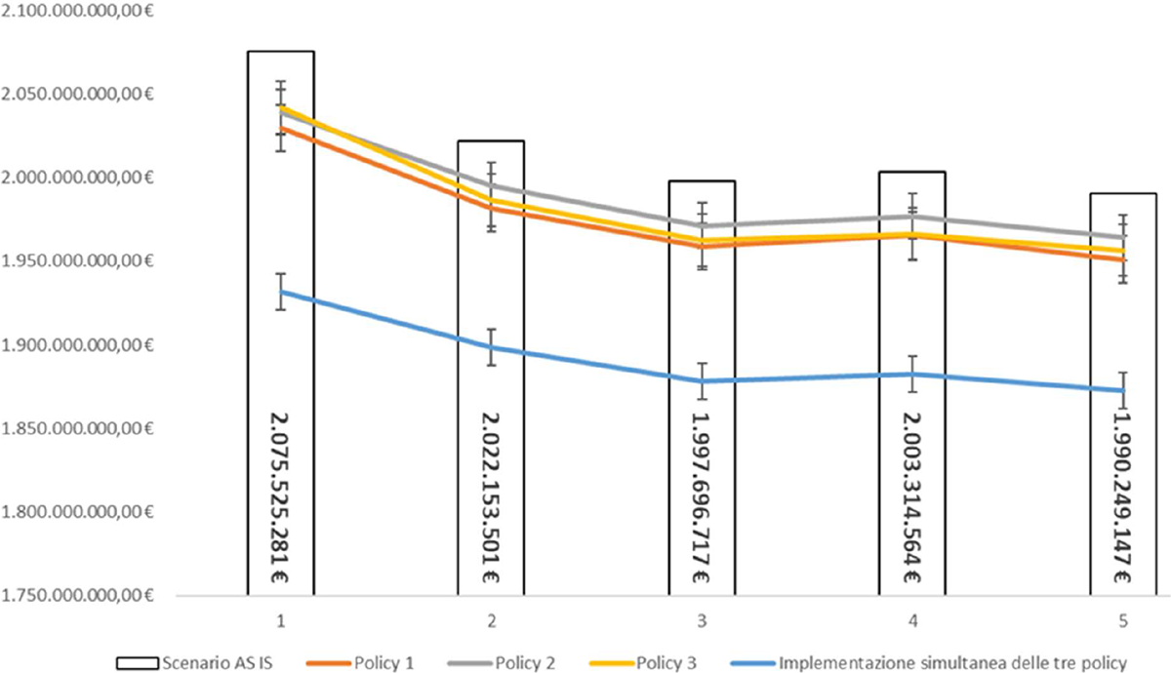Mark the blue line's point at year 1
(281, 292)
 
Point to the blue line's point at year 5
(1123, 390)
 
